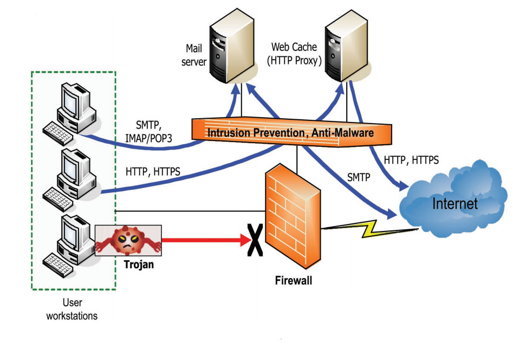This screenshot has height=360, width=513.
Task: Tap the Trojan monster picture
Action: tap(128, 240)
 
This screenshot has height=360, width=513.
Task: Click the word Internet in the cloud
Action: tap(454, 204)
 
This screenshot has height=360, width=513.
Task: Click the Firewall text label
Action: tap(293, 281)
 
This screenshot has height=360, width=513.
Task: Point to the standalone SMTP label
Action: tap(357, 177)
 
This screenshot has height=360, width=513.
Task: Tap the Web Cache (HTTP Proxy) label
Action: tap(294, 54)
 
